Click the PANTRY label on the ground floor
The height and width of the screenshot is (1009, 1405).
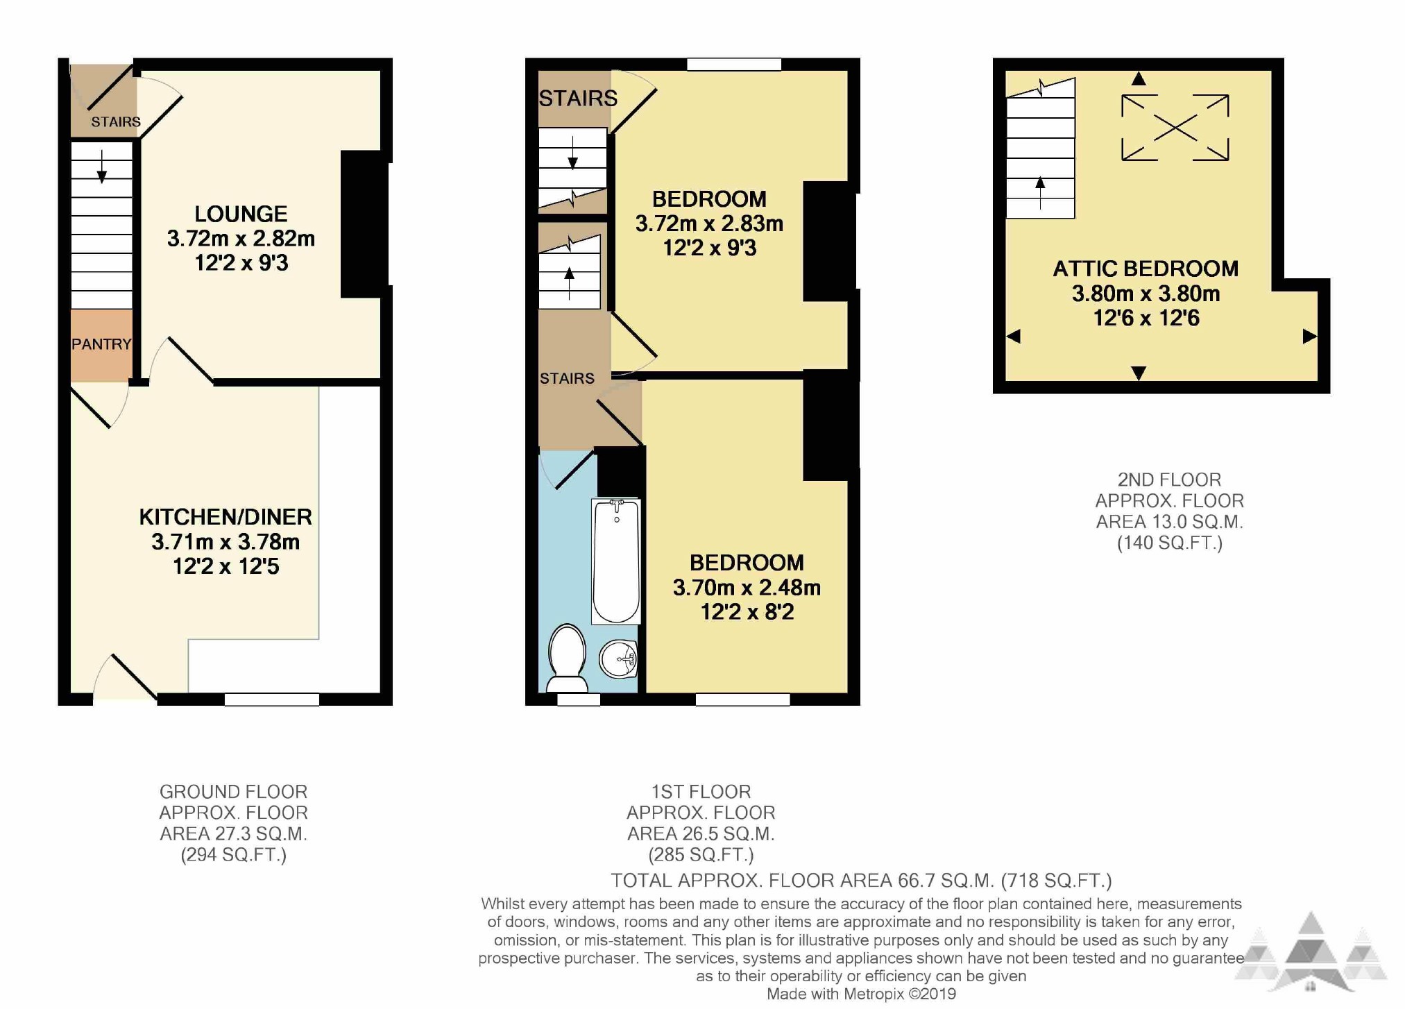point(101,344)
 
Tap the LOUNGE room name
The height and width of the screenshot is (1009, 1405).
point(241,214)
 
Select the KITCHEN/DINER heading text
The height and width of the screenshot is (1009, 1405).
point(225,517)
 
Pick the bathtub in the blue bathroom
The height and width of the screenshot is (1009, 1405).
point(616,561)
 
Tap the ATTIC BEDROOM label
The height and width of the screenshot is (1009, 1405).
point(1146,269)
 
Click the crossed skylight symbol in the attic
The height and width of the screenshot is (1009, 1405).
point(1175,128)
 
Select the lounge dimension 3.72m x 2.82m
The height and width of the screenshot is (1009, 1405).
point(241,239)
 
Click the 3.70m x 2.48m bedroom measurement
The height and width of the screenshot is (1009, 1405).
point(747,588)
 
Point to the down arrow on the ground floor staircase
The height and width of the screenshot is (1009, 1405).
point(102,167)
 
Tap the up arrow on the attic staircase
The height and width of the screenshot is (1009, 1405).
point(1040,193)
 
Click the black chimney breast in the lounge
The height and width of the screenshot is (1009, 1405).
point(364,224)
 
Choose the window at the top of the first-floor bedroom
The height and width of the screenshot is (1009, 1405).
point(734,65)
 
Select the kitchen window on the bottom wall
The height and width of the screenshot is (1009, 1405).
point(272,699)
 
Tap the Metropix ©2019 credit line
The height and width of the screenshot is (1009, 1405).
point(861,994)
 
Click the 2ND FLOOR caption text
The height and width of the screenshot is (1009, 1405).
point(1169,480)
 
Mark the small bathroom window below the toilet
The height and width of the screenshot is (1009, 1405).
point(579,699)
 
